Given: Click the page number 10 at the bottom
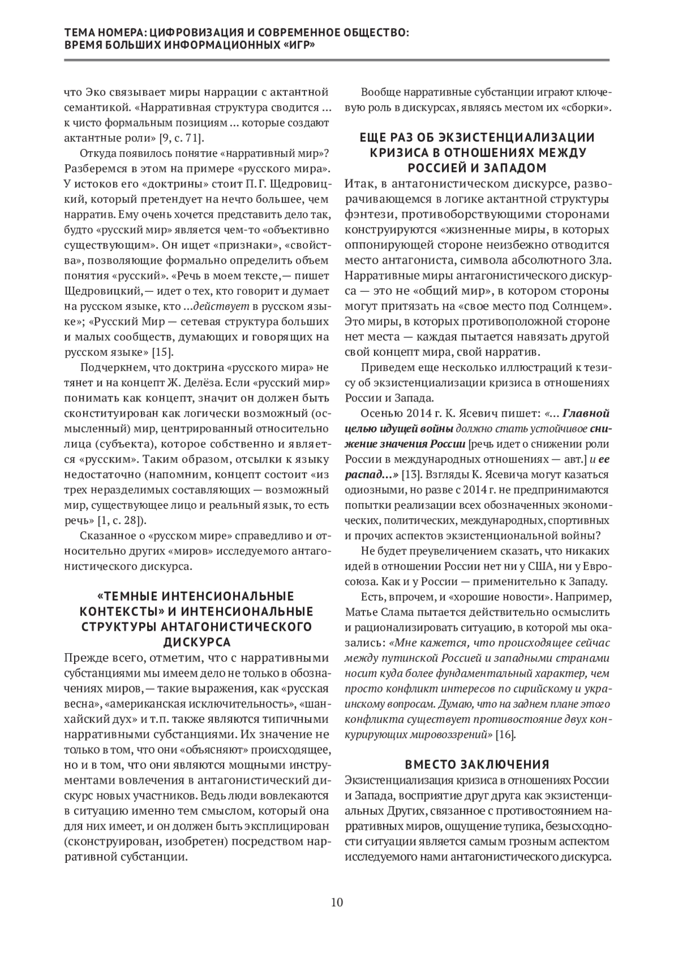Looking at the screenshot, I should [337, 903].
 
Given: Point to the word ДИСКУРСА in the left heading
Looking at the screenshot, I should [196, 641].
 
